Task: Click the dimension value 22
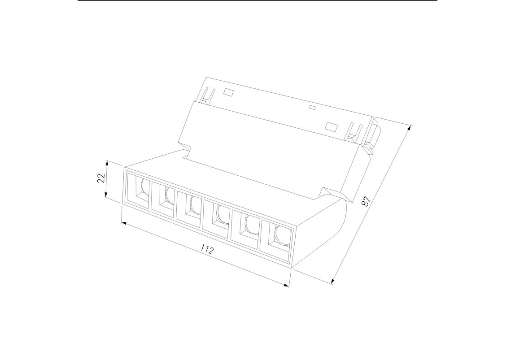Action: [102, 178]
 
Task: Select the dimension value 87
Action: [366, 201]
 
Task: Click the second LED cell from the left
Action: [163, 199]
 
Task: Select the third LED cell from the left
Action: [188, 208]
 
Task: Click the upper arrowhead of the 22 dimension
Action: [106, 162]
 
